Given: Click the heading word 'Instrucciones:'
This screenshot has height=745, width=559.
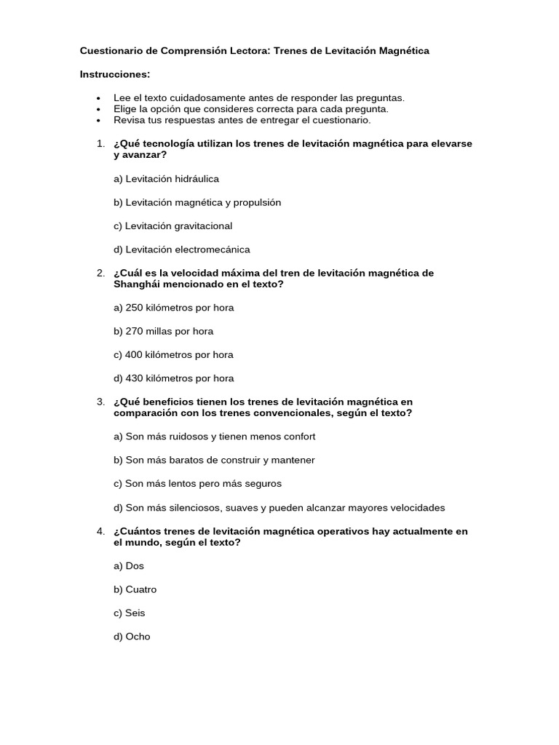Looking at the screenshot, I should coord(115,74).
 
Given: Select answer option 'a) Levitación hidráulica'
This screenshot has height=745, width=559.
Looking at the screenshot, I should coord(166,179).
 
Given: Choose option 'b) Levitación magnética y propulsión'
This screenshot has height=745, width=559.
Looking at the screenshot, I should coord(197,202).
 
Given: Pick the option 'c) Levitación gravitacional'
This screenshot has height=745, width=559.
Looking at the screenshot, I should coord(173,226).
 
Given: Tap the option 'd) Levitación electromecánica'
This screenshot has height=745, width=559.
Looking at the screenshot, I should coord(181,250).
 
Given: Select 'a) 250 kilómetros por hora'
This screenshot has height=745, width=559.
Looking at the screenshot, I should coord(174,308).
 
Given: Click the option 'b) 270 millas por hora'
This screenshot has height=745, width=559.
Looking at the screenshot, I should coord(164,331).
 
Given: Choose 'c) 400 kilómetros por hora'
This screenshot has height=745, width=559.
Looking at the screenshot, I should coord(174,355).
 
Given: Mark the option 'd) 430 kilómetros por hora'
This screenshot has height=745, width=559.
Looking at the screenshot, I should coord(174,378).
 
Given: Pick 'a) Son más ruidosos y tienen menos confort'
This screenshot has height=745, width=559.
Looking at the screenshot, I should coord(214,437).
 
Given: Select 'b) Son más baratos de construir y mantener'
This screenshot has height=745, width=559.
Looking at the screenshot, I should coord(214,460).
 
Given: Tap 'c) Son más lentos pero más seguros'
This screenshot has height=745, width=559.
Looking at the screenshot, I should coord(197,484).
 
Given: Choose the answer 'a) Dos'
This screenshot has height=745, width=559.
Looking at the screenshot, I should coord(129,566).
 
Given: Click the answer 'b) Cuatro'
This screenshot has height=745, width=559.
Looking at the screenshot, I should coord(135,589).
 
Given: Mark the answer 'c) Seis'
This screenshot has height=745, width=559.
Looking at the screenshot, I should coord(130,613).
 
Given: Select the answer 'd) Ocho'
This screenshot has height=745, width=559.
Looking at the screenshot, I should coord(132,637).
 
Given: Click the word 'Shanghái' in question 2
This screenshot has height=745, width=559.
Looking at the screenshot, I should coord(135,284).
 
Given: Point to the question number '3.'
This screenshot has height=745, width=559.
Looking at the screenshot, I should coord(100,402).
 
